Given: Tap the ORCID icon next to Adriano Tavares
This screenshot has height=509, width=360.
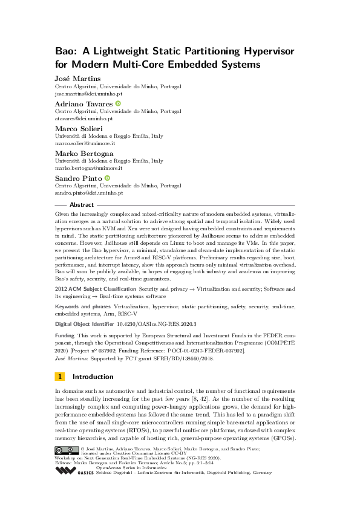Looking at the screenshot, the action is click(119, 104).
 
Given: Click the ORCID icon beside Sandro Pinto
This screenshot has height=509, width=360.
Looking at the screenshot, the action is click(107, 178).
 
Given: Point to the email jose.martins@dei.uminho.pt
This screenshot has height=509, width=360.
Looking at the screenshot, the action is click(88, 94).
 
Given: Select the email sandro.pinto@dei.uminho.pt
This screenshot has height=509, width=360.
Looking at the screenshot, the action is click(89, 193).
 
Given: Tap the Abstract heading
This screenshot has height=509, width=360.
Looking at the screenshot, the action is click(82, 205).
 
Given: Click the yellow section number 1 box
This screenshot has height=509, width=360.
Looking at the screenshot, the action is click(60, 377).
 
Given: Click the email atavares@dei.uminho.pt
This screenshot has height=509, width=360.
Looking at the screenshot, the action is click(84, 119).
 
